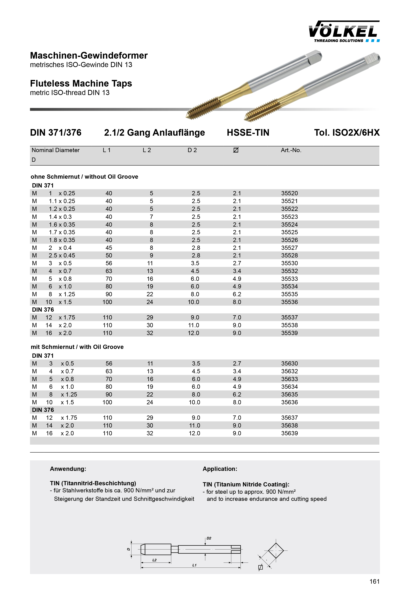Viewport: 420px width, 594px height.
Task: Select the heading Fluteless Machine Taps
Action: [x=81, y=84]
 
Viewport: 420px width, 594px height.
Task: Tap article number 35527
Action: [x=289, y=248]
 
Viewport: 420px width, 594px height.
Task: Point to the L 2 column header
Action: [x=147, y=150]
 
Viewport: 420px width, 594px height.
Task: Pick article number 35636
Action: [x=289, y=402]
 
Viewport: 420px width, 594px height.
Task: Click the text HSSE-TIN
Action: [x=248, y=133]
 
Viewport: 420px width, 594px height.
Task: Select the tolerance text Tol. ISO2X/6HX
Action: [x=346, y=133]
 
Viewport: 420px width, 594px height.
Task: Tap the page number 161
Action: [x=374, y=582]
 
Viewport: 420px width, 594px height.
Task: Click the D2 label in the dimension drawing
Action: [x=209, y=538]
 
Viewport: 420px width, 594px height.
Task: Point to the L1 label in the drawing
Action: [x=194, y=565]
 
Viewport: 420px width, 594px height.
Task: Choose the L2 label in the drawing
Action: [x=154, y=560]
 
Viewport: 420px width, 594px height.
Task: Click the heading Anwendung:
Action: [x=68, y=469]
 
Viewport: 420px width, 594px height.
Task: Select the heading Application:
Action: [x=220, y=469]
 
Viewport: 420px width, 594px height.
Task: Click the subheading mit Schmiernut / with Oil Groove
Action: [x=77, y=347]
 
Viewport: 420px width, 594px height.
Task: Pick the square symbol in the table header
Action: [x=236, y=150]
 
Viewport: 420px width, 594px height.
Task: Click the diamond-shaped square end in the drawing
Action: [x=276, y=550]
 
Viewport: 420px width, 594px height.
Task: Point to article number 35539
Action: [x=289, y=333]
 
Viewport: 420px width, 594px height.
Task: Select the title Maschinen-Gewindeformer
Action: [x=89, y=56]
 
